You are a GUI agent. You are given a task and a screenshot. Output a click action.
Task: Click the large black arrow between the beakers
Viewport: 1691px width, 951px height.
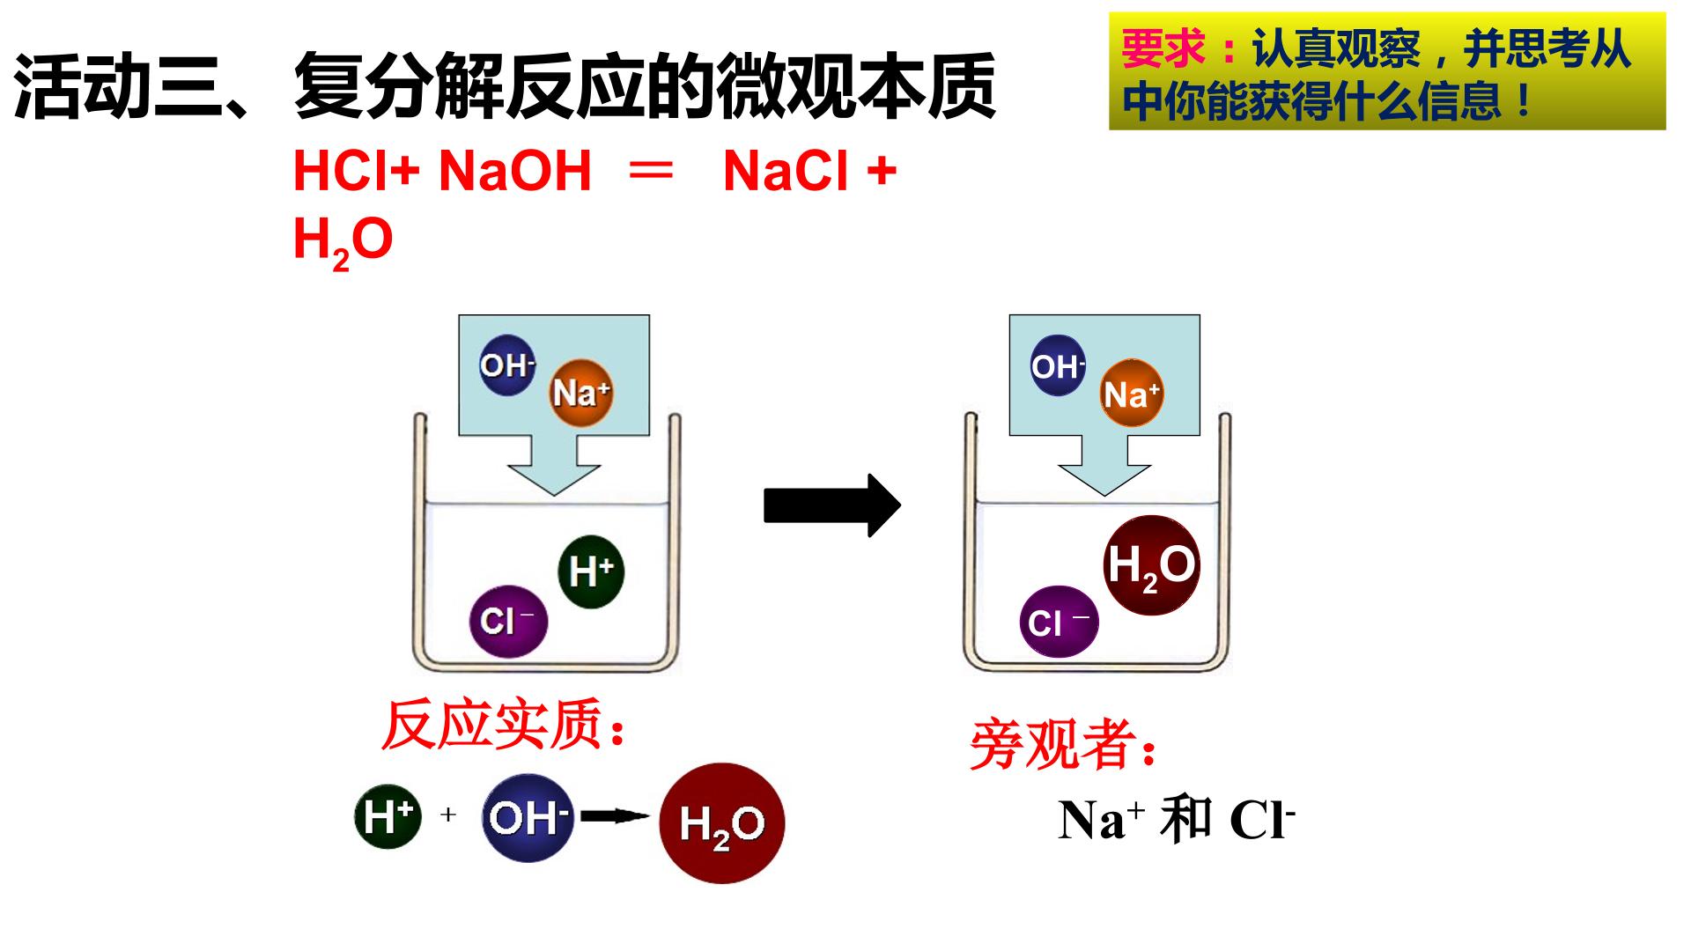[x=831, y=505]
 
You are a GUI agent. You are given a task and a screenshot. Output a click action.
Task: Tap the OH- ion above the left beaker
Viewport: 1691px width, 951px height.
[x=507, y=365]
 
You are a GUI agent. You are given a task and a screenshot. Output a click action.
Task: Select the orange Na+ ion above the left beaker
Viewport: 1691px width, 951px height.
[x=581, y=393]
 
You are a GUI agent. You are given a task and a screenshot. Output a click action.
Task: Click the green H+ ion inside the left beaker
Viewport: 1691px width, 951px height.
[x=591, y=571]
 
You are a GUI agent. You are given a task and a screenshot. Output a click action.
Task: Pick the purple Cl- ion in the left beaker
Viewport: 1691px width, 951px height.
[x=508, y=621]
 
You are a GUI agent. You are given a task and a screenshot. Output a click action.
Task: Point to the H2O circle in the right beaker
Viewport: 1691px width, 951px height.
[x=1151, y=564]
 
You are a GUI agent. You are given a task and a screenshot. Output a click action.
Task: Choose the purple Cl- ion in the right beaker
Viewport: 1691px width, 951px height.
[x=1059, y=622]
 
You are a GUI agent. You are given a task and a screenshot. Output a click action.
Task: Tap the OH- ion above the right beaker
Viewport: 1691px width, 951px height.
[x=1058, y=365]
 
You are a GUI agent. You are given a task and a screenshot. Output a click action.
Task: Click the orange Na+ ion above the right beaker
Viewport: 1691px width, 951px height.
[x=1133, y=394]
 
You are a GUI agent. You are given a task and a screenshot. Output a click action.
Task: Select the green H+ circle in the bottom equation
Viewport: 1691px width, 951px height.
[x=388, y=816]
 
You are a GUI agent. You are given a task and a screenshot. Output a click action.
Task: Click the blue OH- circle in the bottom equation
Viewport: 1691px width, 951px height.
[x=528, y=818]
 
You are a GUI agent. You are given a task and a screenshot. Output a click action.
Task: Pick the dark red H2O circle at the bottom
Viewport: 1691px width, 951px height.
[x=721, y=823]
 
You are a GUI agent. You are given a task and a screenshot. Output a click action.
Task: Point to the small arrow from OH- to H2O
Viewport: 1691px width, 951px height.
[x=615, y=817]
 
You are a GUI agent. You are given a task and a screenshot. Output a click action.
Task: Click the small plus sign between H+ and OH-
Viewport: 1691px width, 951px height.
[x=448, y=815]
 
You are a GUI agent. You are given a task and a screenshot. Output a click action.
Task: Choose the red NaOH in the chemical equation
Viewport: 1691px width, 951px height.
[x=515, y=171]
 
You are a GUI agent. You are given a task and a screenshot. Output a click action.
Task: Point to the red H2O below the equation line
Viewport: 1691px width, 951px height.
[x=343, y=240]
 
